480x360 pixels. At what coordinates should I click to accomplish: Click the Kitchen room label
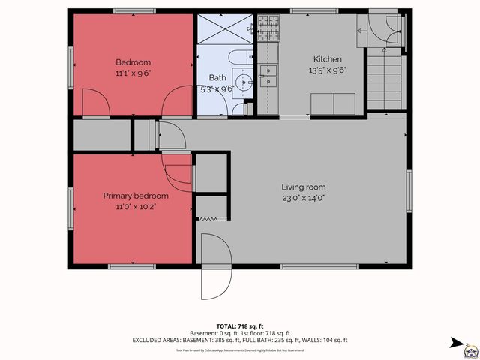(x=327, y=59)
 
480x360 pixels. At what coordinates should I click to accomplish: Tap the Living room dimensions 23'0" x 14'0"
(x=304, y=199)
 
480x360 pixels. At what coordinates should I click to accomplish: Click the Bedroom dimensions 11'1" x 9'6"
(x=133, y=73)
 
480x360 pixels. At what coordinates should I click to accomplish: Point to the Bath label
(x=217, y=77)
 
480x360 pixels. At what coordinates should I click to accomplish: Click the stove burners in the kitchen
(x=267, y=30)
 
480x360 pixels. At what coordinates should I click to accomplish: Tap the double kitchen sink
(x=268, y=72)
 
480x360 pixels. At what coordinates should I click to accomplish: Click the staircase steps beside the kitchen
(x=387, y=79)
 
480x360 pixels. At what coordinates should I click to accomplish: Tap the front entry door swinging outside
(x=212, y=266)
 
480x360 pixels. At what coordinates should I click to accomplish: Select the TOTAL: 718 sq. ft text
(x=239, y=326)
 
